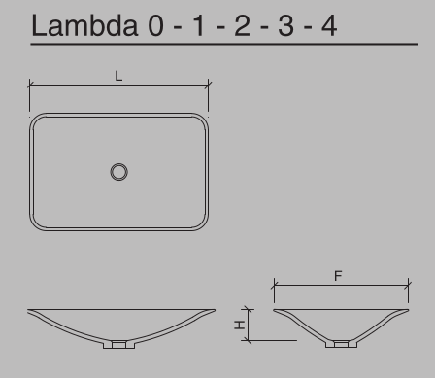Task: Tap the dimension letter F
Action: tap(337, 277)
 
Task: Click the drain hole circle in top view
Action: tap(119, 172)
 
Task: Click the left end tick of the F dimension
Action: tap(273, 287)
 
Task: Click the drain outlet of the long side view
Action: tap(119, 344)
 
